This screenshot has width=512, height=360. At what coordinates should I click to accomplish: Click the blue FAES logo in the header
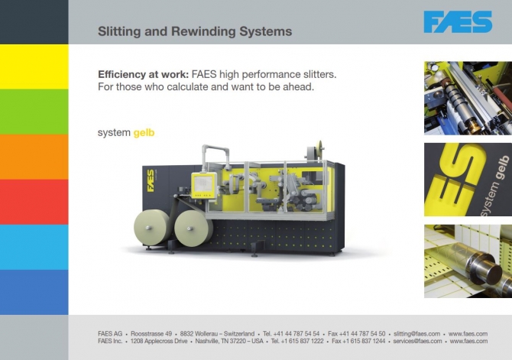pos(458,22)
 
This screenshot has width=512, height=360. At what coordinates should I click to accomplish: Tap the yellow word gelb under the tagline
pos(144,133)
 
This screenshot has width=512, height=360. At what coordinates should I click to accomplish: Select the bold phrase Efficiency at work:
pos(144,74)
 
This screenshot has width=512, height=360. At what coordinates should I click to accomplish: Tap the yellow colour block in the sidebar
pos(34,66)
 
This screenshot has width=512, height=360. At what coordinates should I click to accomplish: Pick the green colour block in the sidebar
pos(34,112)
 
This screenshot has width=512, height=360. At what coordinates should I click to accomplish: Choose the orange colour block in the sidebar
pos(34,157)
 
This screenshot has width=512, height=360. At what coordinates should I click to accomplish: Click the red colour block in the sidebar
pos(34,202)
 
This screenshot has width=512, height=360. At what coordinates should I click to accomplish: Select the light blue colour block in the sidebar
pos(34,247)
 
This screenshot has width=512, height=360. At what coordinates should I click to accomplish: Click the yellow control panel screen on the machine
pos(203,185)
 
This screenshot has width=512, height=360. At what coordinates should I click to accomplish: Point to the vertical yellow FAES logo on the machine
pos(151,180)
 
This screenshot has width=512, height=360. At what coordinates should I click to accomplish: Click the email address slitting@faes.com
pos(416,334)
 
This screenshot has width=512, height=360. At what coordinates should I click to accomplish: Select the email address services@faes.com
pos(417,341)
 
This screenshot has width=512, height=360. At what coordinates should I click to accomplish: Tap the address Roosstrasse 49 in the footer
pos(151,334)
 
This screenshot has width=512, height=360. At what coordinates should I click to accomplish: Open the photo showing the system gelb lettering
pos(468,180)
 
